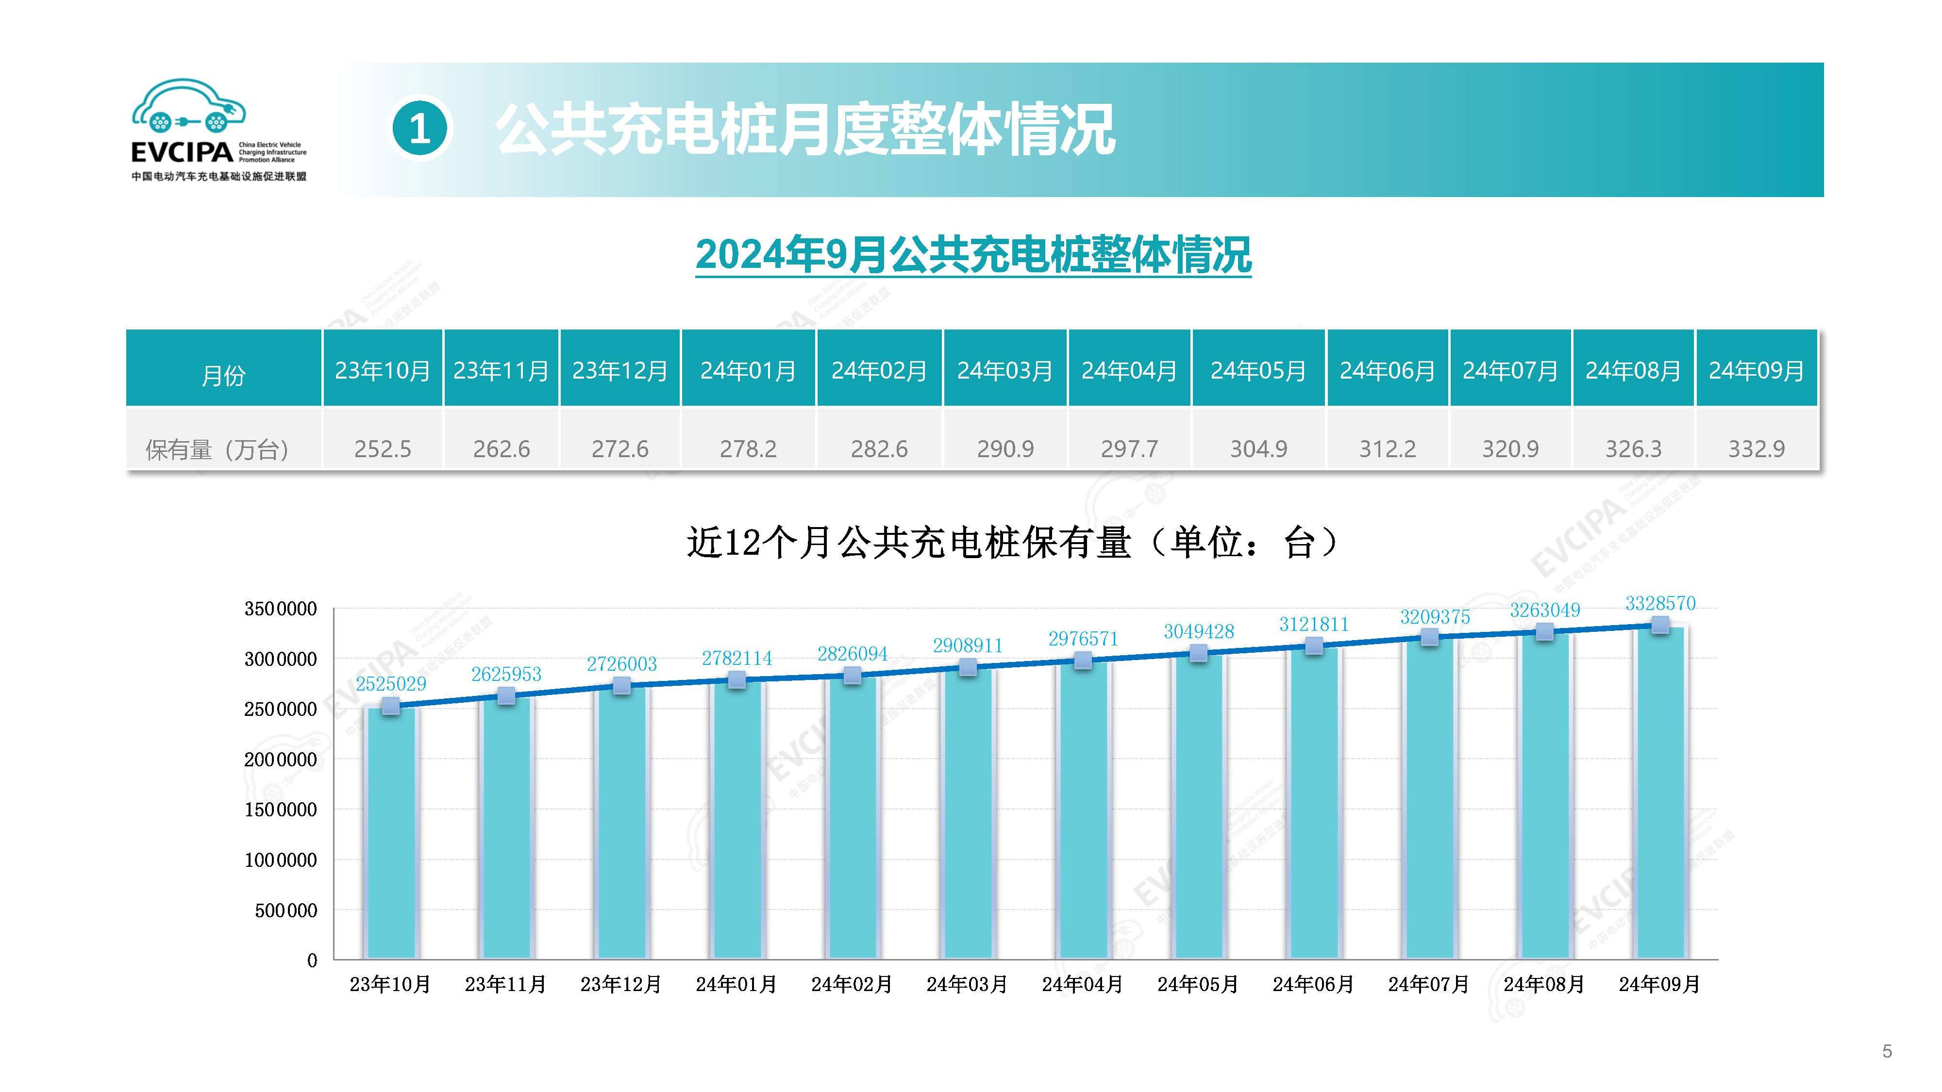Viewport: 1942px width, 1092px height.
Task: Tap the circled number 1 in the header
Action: tap(420, 130)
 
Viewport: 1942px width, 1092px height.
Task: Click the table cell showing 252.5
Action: tap(383, 449)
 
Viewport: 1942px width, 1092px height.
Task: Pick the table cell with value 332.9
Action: tap(1757, 449)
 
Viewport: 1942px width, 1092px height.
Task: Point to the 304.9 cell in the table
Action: tap(1259, 449)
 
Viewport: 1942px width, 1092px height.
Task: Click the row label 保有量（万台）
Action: tap(218, 450)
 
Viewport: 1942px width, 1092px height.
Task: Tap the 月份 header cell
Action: tap(223, 375)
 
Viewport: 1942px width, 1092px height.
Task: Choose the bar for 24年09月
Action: tap(1659, 791)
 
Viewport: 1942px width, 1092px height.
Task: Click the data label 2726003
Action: tap(622, 664)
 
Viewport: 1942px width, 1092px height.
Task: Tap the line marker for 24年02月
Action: tap(853, 675)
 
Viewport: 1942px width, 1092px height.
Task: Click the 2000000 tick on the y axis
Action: tap(281, 760)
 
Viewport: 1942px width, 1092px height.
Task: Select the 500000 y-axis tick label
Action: tap(286, 910)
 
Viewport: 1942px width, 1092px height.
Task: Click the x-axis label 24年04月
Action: tap(1083, 984)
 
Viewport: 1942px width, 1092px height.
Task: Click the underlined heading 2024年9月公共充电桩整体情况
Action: tap(973, 255)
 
